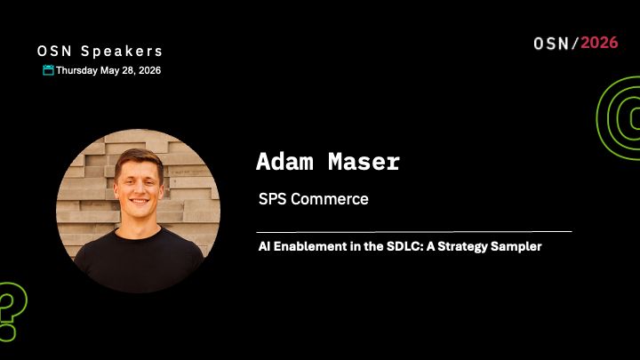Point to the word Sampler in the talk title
click(x=515, y=246)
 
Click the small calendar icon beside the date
click(x=48, y=70)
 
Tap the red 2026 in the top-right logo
click(x=599, y=43)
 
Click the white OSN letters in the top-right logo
click(x=554, y=43)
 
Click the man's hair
click(x=139, y=158)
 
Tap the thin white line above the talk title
click(x=413, y=231)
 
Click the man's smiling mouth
click(x=139, y=202)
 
